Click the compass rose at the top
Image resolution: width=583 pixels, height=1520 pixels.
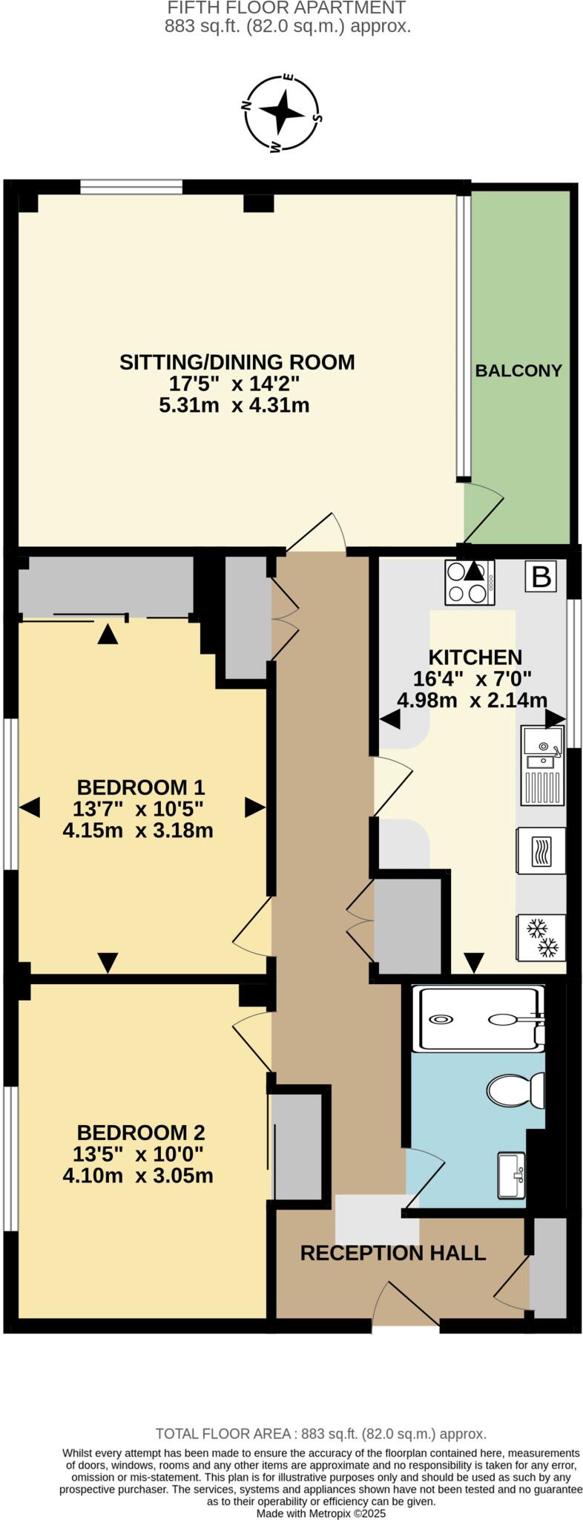[281, 114]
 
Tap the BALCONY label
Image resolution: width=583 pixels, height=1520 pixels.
[518, 370]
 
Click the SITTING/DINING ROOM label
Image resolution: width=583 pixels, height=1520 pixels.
[237, 362]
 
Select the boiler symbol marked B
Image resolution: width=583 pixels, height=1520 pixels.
[541, 577]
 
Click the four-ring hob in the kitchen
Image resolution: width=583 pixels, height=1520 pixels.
[469, 583]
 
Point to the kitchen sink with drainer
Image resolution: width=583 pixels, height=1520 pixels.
[542, 765]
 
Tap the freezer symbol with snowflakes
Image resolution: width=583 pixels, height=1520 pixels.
[541, 937]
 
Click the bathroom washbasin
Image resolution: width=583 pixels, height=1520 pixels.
[511, 1174]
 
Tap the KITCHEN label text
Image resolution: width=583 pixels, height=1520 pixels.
[475, 658]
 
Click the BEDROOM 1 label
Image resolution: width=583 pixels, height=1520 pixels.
[141, 787]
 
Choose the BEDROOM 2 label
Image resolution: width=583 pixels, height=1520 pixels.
[141, 1133]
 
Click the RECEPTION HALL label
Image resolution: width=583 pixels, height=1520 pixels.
[392, 1253]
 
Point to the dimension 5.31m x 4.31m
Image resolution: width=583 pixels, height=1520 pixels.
[234, 406]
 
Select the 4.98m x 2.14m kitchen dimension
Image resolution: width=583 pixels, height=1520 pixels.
[472, 700]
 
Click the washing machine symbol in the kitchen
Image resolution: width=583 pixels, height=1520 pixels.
[541, 851]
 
